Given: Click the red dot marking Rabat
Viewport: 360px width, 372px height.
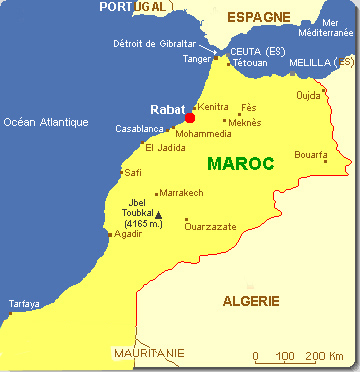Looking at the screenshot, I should [189, 118].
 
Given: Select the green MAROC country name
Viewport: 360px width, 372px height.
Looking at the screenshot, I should [240, 163].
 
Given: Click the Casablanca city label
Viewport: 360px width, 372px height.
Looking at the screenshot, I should [140, 129].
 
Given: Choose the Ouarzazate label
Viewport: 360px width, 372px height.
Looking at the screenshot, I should [210, 227].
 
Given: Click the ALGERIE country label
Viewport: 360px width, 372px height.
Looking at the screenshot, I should [252, 301].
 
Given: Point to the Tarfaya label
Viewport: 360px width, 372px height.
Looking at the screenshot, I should [24, 303].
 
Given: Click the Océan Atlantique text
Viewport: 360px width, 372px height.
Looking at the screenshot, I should [46, 123].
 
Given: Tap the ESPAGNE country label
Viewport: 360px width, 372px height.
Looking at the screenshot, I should [258, 17].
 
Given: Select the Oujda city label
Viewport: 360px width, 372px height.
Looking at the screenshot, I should [309, 97].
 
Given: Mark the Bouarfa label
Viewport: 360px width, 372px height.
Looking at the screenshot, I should [311, 155].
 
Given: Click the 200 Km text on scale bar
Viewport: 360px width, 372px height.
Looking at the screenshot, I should [324, 356].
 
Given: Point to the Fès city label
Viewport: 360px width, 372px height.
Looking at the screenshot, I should [249, 107].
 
